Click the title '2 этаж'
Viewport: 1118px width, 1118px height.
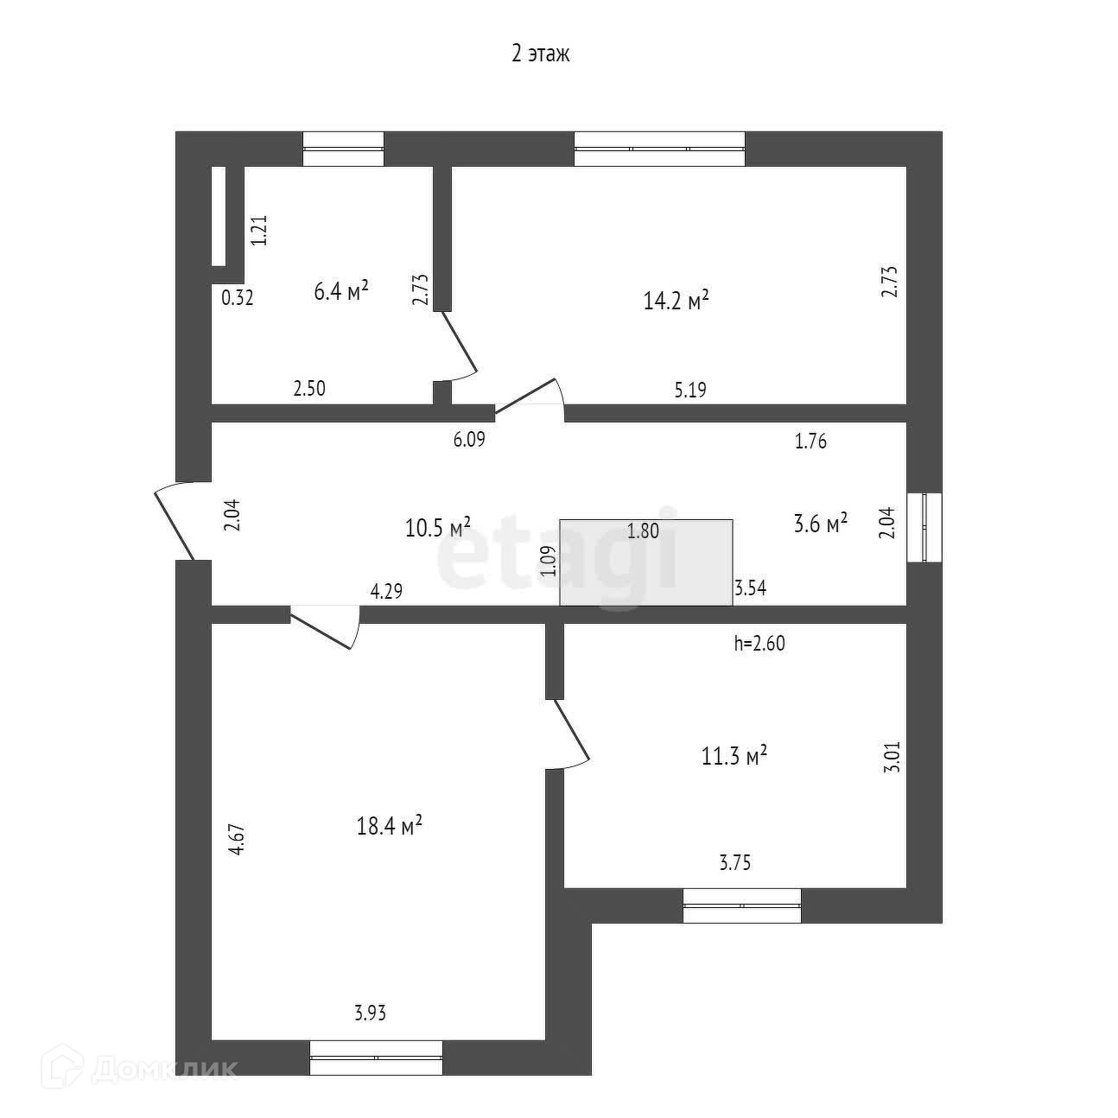[x=540, y=54]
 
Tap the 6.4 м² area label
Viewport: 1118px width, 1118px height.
[x=341, y=290]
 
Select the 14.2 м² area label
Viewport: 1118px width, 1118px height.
[x=677, y=300]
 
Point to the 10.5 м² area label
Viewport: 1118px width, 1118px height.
[x=438, y=526]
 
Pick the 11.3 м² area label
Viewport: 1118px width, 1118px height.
[x=734, y=757]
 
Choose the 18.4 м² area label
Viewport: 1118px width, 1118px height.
[x=389, y=826]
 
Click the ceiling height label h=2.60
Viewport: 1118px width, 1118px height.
[x=759, y=643]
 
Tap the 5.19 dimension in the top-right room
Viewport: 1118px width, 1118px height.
[x=689, y=390]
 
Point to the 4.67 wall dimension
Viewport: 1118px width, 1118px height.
[x=238, y=839]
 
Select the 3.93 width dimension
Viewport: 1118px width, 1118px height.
[x=370, y=1013]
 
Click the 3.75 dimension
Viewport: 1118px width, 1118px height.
[x=734, y=861]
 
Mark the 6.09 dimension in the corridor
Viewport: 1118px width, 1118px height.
[x=469, y=439]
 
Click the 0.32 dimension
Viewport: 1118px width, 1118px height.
[x=238, y=298]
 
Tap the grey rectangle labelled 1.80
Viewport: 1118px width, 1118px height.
[x=646, y=562]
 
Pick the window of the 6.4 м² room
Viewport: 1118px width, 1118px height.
[x=343, y=149]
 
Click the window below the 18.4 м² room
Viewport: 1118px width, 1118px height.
[x=376, y=1058]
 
